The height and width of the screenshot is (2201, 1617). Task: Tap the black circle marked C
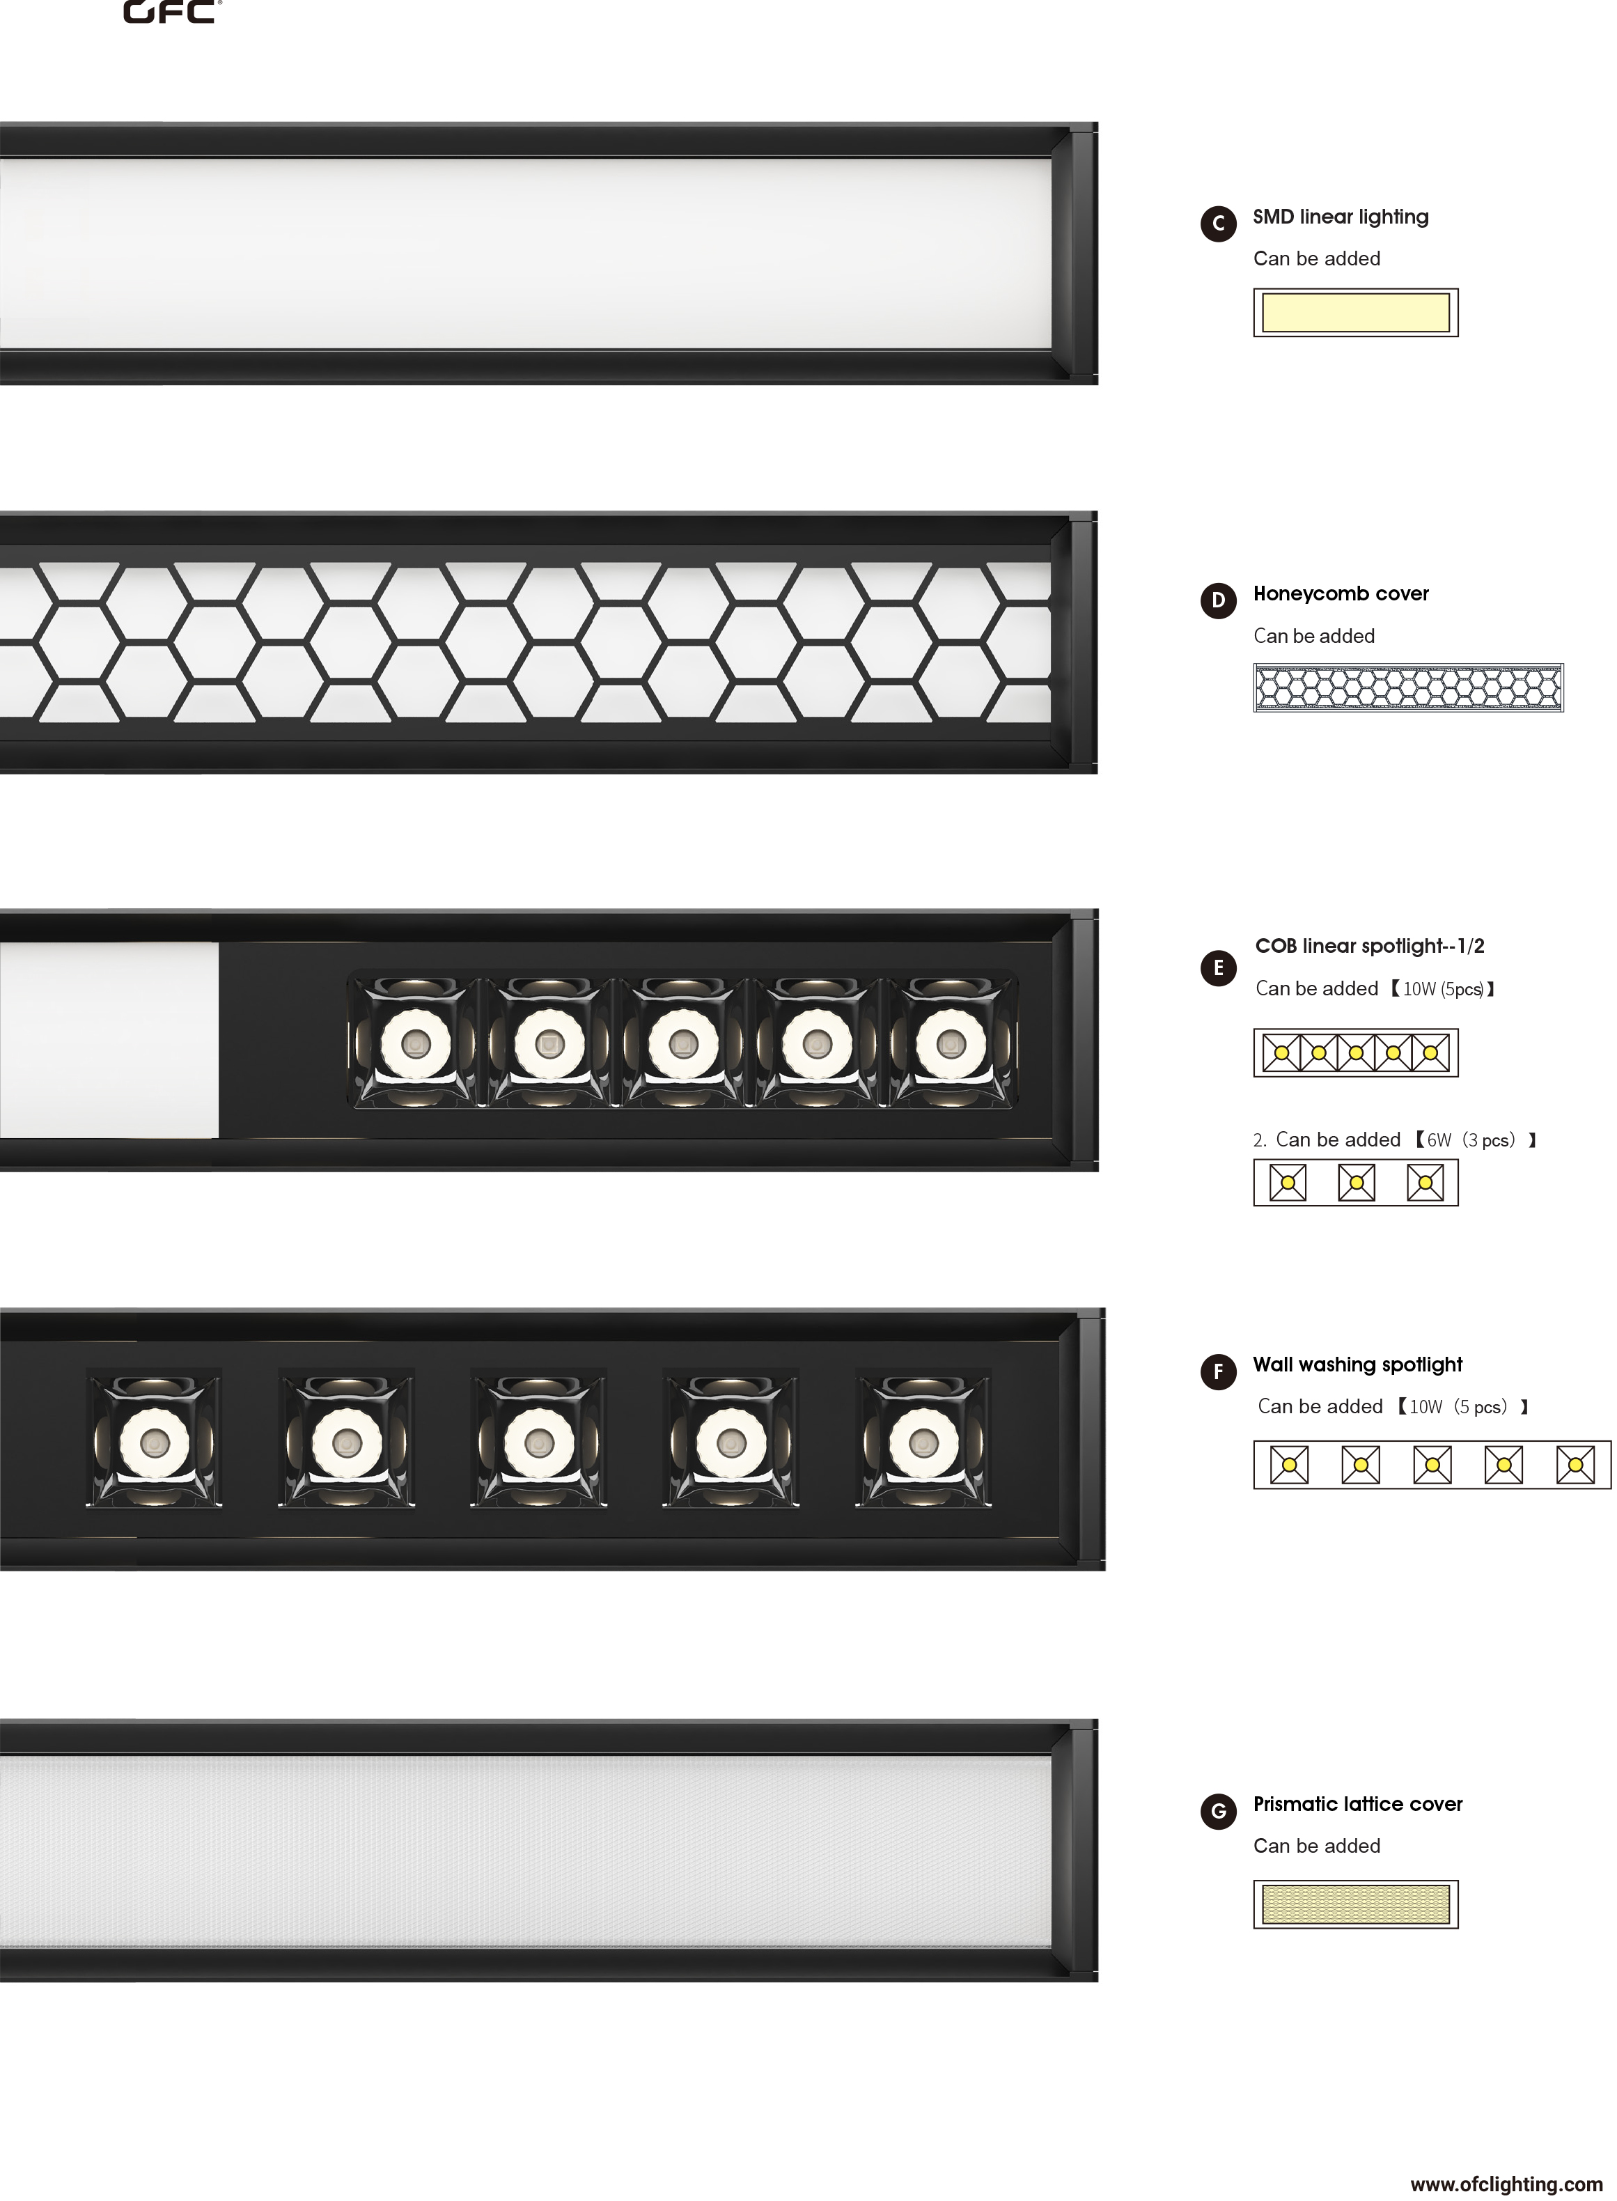1221,224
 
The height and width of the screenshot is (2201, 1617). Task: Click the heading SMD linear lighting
1344,218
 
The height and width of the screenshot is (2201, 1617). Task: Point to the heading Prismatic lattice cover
1361,1807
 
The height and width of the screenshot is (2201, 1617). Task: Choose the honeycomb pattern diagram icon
1412,690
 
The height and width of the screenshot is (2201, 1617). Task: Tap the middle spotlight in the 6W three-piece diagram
1359,1185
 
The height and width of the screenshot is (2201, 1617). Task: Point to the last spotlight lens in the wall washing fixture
926,1446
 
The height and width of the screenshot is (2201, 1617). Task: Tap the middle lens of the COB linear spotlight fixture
684,1047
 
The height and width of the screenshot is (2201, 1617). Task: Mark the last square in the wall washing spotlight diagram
1579,1469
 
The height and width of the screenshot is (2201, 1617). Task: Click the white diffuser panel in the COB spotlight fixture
109,1043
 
